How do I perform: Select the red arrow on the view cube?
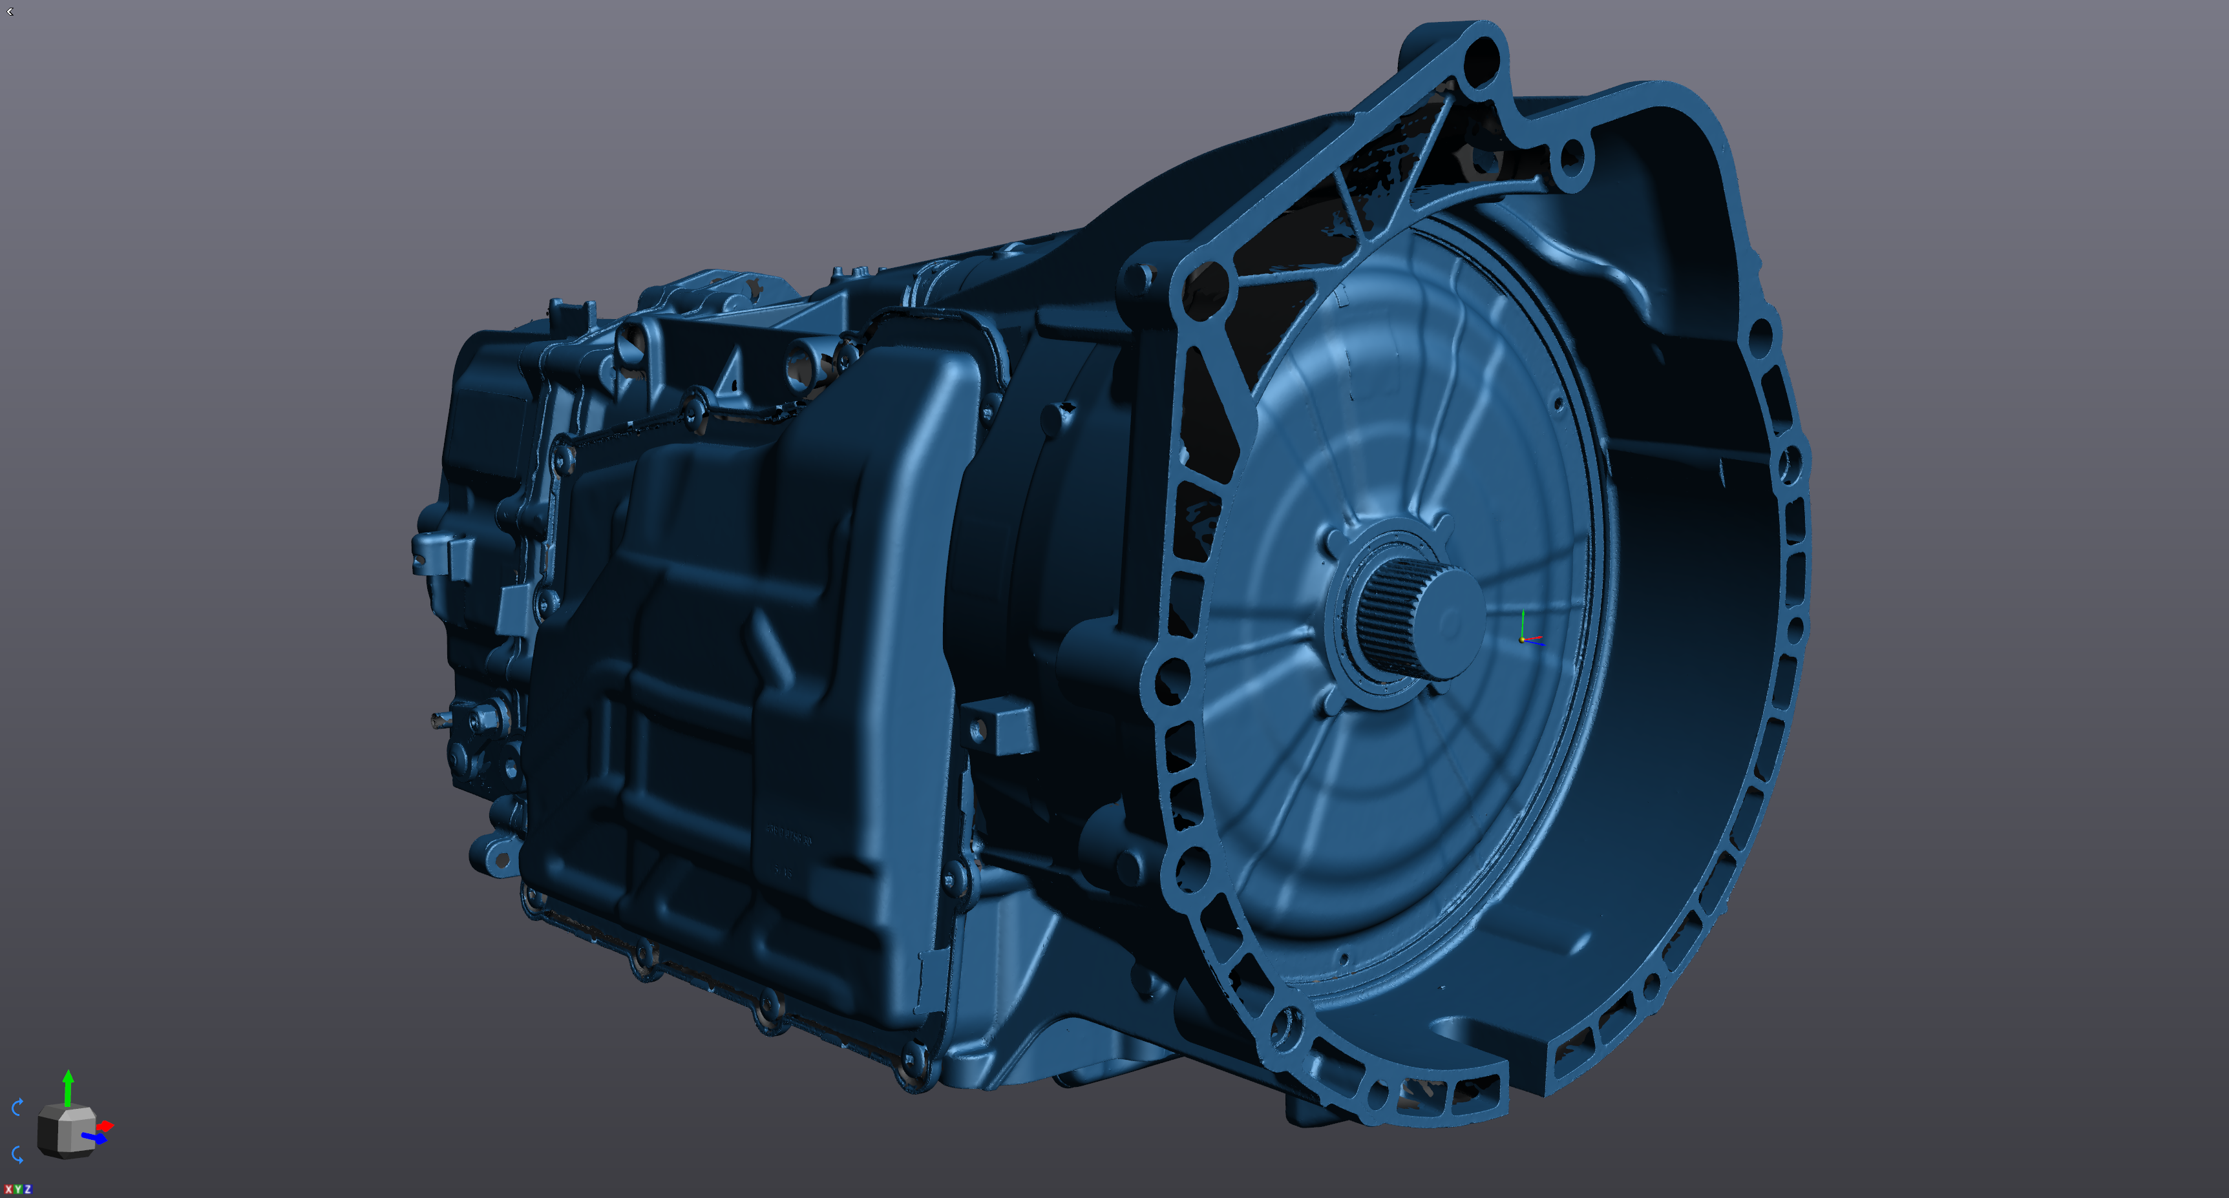point(105,1125)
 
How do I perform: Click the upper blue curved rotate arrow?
point(17,1106)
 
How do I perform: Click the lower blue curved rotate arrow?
point(17,1154)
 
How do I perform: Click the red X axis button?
point(8,1190)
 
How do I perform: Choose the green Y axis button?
point(17,1190)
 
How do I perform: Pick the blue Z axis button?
point(27,1190)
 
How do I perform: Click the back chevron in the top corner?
point(10,11)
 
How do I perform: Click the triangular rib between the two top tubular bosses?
point(731,372)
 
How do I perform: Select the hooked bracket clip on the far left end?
point(432,553)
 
